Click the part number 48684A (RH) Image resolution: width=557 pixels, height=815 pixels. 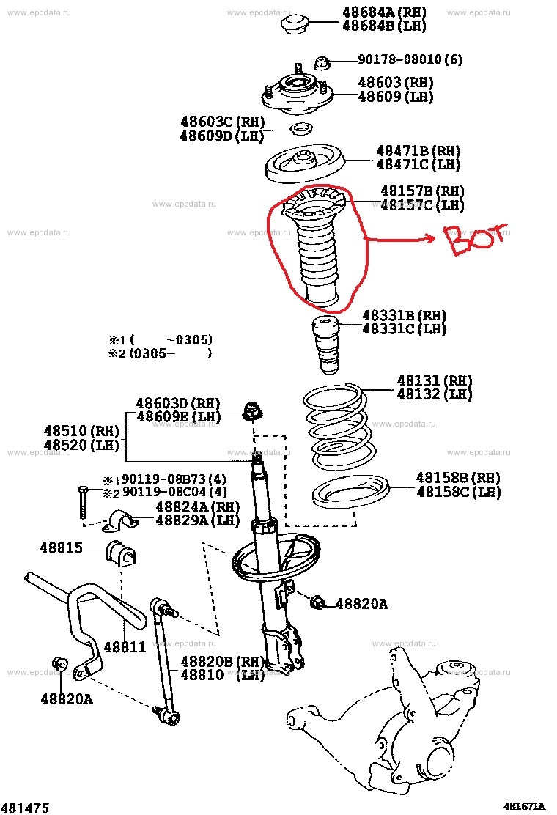[384, 12]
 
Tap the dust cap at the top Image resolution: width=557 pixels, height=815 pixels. [295, 24]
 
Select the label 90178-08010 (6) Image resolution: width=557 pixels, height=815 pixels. [410, 59]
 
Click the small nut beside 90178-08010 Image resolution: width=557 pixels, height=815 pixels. [322, 63]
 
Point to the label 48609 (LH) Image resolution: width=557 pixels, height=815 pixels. [396, 96]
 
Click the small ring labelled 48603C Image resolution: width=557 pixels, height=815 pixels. [300, 128]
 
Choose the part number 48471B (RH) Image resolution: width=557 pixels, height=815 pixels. [418, 151]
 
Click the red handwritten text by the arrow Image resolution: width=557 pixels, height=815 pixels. [476, 240]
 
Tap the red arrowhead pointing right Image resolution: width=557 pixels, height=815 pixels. [429, 238]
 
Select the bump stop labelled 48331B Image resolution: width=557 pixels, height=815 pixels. [326, 345]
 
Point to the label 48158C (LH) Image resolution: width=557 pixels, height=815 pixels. [458, 492]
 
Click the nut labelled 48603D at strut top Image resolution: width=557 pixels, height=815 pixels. [253, 411]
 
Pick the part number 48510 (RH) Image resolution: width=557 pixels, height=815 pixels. [81, 431]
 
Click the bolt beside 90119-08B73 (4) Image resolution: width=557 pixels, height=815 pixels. [82, 501]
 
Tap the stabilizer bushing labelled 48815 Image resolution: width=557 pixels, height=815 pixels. [121, 553]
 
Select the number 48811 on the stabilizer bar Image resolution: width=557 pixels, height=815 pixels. [125, 647]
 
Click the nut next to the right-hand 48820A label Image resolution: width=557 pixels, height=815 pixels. [318, 603]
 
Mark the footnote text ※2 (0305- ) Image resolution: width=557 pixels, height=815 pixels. [160, 353]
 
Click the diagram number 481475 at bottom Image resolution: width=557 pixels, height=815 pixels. [25, 807]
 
